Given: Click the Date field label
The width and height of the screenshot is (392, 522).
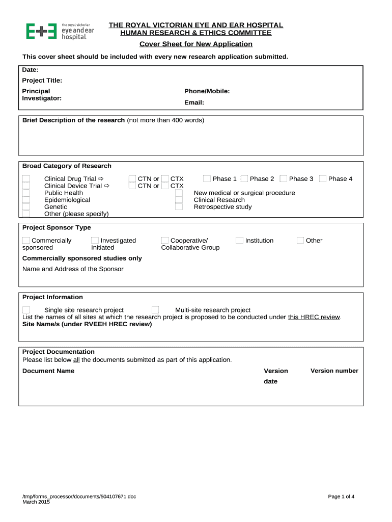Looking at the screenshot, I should tap(31, 70).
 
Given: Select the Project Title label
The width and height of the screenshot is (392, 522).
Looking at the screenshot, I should tap(42, 81).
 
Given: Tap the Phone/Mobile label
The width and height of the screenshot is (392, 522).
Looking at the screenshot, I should tap(207, 91).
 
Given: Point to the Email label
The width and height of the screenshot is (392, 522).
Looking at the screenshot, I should tap(194, 102).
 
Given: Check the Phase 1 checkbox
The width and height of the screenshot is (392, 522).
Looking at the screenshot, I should tap(207, 179).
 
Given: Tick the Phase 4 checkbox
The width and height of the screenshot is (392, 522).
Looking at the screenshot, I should tap(322, 179).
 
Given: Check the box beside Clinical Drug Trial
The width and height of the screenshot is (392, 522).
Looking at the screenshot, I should tap(26, 179).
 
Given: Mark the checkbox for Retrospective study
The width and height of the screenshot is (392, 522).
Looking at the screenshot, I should tap(179, 207).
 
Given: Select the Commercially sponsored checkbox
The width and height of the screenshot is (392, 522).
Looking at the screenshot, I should tap(26, 241).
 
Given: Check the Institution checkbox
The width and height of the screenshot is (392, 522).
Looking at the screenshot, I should tap(239, 241).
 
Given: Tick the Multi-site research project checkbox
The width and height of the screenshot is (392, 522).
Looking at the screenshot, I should tap(155, 310).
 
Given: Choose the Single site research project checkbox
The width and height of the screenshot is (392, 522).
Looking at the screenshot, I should tap(26, 310).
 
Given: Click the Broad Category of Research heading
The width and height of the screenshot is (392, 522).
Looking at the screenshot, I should tap(67, 166).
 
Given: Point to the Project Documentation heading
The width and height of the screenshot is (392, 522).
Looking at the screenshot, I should tap(59, 352).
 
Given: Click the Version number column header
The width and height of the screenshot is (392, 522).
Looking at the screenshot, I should tap(334, 371).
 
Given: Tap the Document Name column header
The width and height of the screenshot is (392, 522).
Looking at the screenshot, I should tap(48, 371).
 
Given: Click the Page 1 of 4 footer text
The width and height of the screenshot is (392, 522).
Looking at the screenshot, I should tap(341, 497).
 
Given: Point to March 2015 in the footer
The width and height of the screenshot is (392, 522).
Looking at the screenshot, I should tap(36, 502).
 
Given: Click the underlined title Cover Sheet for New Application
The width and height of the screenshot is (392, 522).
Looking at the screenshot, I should tap(196, 44).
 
